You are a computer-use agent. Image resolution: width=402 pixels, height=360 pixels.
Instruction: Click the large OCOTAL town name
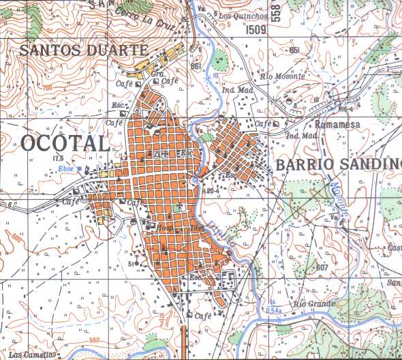coord(65,144)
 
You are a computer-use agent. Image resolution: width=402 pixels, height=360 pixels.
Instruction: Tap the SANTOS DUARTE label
coord(83,49)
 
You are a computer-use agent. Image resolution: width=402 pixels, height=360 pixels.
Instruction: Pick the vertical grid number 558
coord(275,12)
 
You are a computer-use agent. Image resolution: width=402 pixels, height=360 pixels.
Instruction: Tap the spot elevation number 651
coord(294,50)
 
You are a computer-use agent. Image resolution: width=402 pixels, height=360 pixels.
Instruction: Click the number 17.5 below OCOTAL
coord(57,158)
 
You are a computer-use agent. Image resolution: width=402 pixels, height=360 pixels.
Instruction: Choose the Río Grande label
coord(316,302)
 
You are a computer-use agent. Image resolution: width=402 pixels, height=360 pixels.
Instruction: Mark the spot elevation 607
coord(322,267)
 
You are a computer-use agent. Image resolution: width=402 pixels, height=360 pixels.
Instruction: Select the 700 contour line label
coord(46,89)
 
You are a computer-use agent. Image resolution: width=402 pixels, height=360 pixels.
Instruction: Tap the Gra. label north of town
coord(158,73)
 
